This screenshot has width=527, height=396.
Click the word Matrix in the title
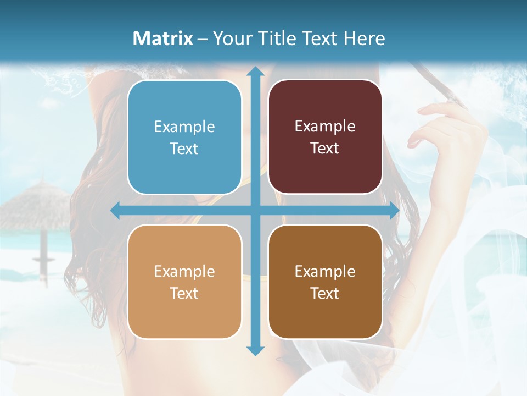coord(163,38)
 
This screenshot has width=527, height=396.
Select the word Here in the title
coord(365,38)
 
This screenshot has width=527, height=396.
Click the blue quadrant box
coord(184,137)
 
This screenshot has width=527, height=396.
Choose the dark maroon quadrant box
coord(325,137)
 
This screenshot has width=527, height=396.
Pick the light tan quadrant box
coord(184,282)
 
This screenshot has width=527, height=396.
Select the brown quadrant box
coord(325,282)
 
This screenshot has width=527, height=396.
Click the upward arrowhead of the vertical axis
coord(255,71)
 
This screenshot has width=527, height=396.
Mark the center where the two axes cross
coord(255,211)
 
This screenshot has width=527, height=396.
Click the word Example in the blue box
coord(184,127)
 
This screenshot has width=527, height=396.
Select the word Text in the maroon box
coord(325,148)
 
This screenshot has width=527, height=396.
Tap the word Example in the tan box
coord(184,271)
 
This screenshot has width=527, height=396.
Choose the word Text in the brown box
coord(325,293)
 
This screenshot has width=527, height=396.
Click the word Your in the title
coord(230,38)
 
